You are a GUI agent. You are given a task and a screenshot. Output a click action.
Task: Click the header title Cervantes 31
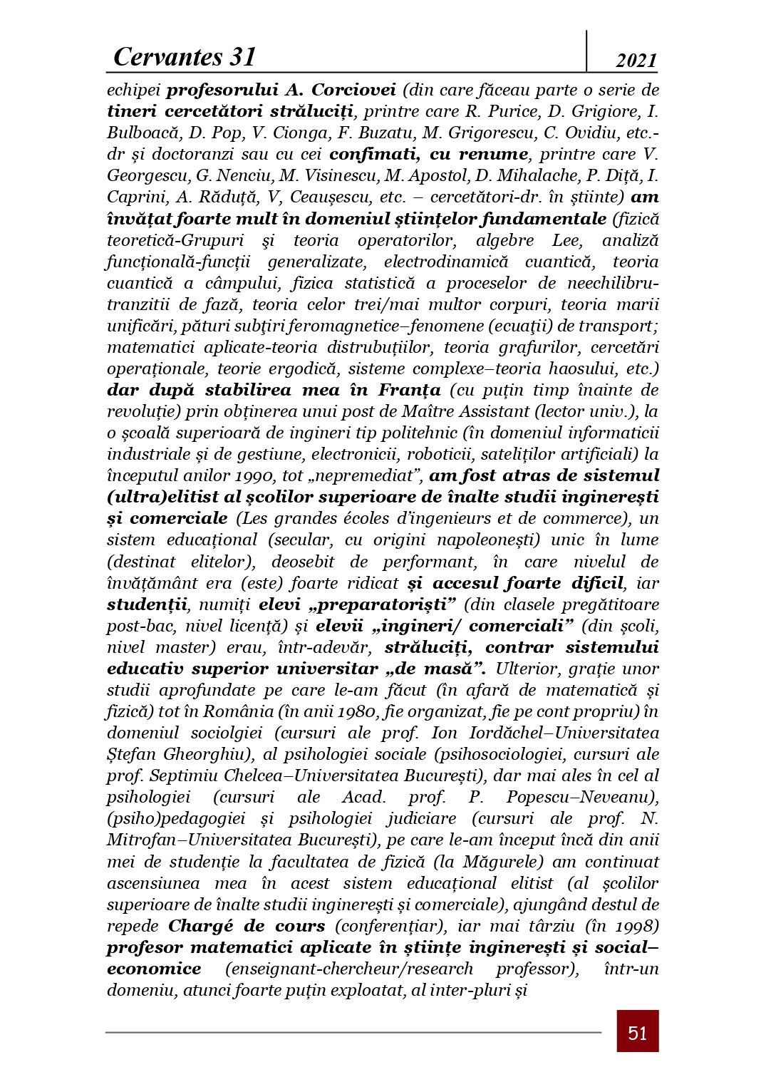click(x=184, y=56)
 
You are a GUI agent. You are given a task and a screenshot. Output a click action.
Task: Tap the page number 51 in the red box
click(x=637, y=1032)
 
